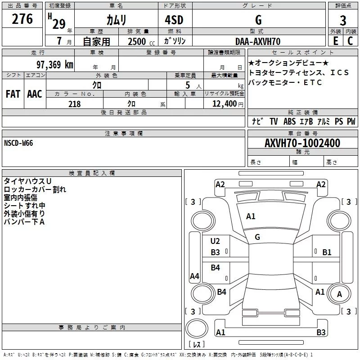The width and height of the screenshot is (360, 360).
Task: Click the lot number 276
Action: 22,19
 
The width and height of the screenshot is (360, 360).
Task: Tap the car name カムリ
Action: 116,20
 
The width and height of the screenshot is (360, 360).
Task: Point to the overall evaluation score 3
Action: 343,20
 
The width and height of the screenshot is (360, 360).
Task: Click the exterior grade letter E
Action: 335,41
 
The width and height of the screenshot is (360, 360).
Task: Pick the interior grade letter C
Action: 350,41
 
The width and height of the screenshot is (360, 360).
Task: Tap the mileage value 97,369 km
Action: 54,64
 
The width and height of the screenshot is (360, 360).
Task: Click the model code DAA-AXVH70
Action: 258,41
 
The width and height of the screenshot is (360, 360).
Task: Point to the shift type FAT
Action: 13,94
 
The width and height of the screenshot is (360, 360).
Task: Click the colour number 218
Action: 74,104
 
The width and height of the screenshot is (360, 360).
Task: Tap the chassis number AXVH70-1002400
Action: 302,144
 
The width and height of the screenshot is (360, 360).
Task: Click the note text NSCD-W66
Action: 18,143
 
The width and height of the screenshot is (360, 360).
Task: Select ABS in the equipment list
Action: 289,121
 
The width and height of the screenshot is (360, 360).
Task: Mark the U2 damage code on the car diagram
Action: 216,241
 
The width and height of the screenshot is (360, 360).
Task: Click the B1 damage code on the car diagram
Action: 327,252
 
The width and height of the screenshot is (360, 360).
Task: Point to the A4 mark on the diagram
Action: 194,276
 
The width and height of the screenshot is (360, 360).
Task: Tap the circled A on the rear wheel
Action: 339,294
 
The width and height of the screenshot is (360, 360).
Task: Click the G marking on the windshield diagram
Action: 257,237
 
